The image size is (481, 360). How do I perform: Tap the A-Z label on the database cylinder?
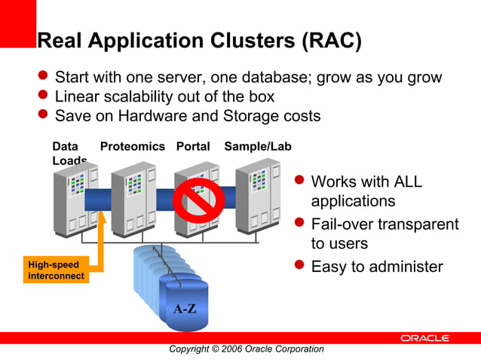point(185,309)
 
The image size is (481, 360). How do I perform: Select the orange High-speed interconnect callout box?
point(57,270)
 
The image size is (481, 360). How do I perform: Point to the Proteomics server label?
point(132,147)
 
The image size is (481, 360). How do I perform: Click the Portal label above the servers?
point(193,147)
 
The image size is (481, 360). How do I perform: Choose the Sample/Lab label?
point(257,147)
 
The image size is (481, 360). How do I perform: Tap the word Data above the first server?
point(65,147)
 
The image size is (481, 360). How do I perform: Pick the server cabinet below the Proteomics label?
point(133,200)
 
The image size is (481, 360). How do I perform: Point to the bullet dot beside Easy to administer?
point(299,266)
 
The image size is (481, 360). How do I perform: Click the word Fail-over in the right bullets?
point(342,224)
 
